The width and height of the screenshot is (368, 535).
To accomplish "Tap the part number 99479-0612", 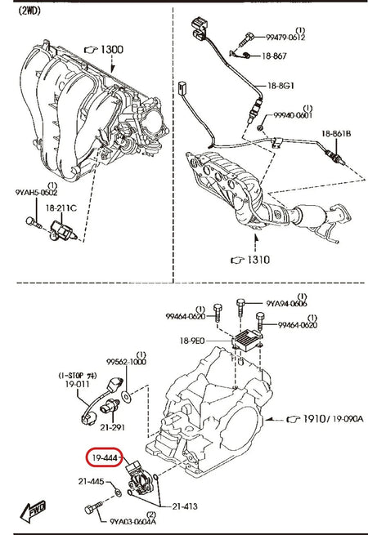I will (x=285, y=37).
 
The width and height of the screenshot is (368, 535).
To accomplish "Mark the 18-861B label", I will (x=335, y=133).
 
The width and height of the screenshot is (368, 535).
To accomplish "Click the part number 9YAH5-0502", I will (x=35, y=193).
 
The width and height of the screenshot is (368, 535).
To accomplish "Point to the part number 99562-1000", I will (x=127, y=361).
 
